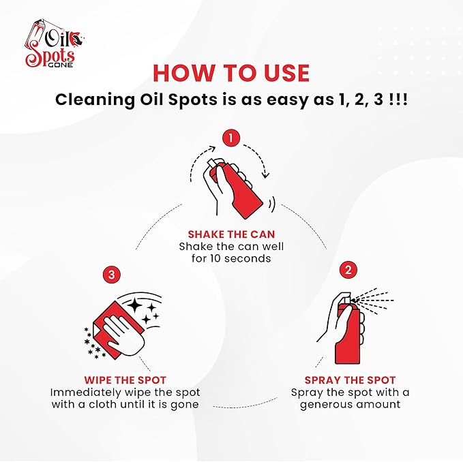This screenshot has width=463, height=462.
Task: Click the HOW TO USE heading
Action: [x=231, y=73]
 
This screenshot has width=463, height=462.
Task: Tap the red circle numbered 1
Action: [x=232, y=138]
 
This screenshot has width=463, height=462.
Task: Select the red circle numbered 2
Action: [x=348, y=269]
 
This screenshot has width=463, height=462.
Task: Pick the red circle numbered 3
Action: [x=111, y=275]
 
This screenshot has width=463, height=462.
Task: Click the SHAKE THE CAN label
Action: [x=231, y=234]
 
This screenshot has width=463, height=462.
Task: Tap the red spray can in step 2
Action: [x=348, y=334]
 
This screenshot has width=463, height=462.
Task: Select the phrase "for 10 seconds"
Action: [x=231, y=258]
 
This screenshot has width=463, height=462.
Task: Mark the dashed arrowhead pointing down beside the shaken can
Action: [x=266, y=174]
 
